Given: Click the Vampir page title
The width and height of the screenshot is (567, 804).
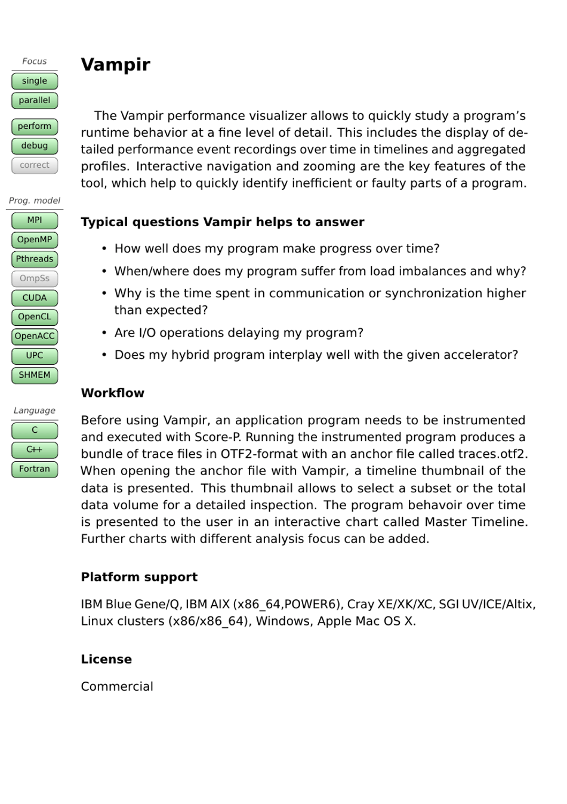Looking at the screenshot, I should pyautogui.click(x=115, y=64).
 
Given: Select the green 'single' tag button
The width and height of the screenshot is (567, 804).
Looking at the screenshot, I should pyautogui.click(x=35, y=81).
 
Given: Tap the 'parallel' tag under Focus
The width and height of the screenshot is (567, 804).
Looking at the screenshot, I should pyautogui.click(x=35, y=100).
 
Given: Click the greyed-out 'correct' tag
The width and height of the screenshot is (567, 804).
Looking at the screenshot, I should pyautogui.click(x=35, y=165).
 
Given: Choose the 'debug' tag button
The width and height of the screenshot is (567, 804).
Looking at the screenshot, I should pyautogui.click(x=35, y=146).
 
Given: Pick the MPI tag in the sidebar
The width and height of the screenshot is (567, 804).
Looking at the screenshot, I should pyautogui.click(x=35, y=220).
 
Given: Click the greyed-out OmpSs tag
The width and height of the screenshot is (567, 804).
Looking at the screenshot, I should pyautogui.click(x=35, y=278).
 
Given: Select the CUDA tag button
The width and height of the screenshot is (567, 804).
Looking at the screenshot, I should pyautogui.click(x=35, y=298).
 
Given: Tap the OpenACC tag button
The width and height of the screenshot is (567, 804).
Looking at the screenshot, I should pyautogui.click(x=35, y=336).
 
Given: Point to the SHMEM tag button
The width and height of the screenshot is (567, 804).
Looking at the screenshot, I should pyautogui.click(x=35, y=375).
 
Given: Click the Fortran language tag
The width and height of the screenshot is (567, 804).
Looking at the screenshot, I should pyautogui.click(x=35, y=469).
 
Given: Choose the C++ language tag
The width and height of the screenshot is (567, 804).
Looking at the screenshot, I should pyautogui.click(x=35, y=449).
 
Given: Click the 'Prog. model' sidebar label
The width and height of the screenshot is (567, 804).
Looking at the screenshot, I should pyautogui.click(x=35, y=201).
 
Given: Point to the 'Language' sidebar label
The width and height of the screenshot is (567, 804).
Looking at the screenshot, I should pyautogui.click(x=35, y=411).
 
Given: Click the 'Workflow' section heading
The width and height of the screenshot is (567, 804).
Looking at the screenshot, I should pyautogui.click(x=112, y=393).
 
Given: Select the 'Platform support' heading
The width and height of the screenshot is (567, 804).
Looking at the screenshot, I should pyautogui.click(x=139, y=577).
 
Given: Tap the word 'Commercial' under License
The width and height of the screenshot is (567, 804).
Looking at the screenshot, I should pyautogui.click(x=117, y=686).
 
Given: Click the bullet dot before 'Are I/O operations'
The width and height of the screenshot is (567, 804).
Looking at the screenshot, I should pyautogui.click(x=104, y=333).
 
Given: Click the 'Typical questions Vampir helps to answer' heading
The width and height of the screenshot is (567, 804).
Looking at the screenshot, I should pyautogui.click(x=222, y=222).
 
